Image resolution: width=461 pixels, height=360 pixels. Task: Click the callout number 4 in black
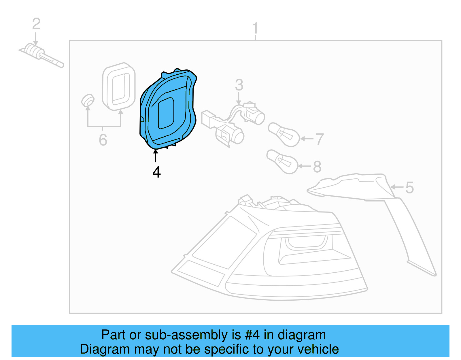tap(156, 172)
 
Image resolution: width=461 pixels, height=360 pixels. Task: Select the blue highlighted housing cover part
tap(167, 110)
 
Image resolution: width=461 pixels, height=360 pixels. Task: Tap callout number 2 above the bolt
tap(36, 24)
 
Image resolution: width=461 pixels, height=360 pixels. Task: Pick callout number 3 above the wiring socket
tap(239, 85)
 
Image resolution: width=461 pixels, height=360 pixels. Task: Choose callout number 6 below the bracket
tap(103, 140)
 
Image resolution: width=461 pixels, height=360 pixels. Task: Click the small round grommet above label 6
tap(88, 100)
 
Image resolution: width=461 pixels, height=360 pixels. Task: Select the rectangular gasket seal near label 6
tap(119, 86)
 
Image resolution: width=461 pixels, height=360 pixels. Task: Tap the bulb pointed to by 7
tap(284, 134)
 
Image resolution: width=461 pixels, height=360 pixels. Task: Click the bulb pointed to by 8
tap(282, 161)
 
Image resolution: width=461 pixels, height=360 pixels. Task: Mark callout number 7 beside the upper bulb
tap(319, 139)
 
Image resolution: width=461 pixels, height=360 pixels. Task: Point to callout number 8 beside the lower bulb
tap(317, 167)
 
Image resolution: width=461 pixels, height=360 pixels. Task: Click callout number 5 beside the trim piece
tap(409, 188)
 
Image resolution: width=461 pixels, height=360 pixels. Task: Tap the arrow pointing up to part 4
tap(156, 156)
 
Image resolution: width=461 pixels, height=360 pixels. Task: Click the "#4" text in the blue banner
tap(252, 335)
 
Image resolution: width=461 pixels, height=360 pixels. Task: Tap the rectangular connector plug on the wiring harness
tap(208, 119)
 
